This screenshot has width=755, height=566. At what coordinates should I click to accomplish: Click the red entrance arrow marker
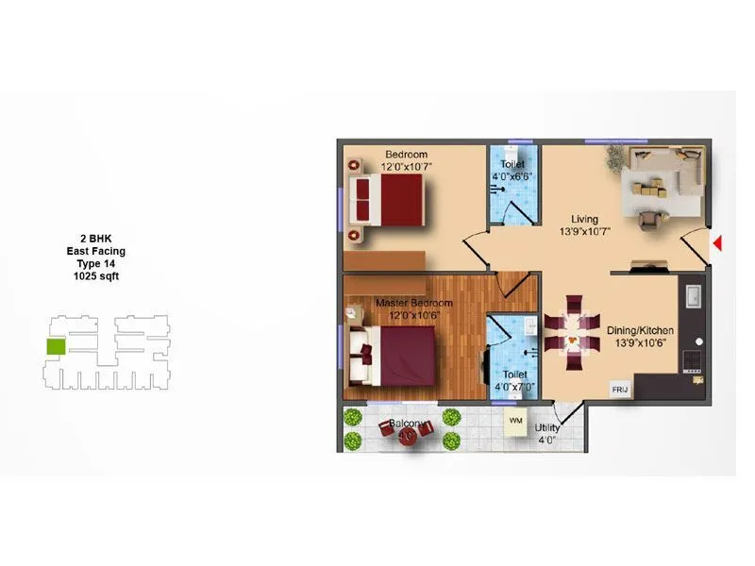717,244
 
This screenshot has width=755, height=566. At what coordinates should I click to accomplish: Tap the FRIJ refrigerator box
620,389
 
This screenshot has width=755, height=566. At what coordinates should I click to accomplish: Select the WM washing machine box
515,420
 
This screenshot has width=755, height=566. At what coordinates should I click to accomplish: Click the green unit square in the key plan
56,346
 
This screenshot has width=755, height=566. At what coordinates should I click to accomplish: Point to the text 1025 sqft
95,277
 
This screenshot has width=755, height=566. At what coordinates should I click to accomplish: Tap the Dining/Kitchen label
641,331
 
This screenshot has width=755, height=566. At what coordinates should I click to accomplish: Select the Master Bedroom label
414,303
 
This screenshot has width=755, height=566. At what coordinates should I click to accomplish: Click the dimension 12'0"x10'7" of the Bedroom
405,167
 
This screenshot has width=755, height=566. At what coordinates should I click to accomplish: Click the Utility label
546,427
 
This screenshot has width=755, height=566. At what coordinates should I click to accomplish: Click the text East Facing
95,252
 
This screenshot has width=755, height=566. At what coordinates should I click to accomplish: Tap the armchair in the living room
648,220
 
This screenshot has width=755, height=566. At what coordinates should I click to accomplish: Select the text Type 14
95,264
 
